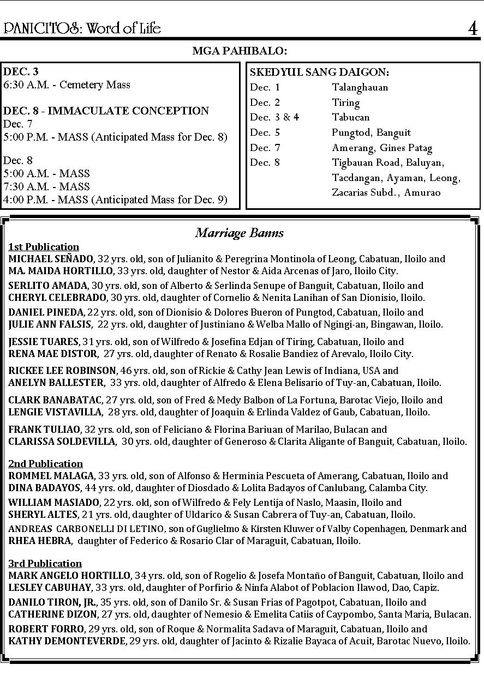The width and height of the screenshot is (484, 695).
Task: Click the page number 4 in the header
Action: tap(473, 28)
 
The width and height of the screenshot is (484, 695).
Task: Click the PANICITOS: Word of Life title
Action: tap(82, 28)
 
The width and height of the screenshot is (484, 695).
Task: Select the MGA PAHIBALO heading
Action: tap(240, 51)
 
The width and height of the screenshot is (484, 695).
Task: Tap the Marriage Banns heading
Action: tap(240, 233)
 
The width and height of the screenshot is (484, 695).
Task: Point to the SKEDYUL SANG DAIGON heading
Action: tap(319, 72)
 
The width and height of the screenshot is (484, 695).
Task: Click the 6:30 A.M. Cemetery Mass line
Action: tap(67, 85)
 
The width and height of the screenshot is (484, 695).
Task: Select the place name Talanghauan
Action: tap(360, 88)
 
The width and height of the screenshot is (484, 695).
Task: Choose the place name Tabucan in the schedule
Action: tap(350, 118)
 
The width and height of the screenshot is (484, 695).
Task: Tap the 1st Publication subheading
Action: tap(44, 247)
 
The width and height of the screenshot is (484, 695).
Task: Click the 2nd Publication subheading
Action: tap(45, 464)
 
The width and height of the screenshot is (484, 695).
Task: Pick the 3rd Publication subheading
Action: tap(45, 564)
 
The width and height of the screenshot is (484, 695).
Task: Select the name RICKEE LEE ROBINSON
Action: tap(62, 371)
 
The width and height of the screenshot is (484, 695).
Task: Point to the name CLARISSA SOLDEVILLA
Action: tap(62, 442)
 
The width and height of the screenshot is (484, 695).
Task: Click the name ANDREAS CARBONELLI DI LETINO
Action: tap(86, 529)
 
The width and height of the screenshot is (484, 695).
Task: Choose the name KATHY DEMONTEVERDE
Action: tap(67, 641)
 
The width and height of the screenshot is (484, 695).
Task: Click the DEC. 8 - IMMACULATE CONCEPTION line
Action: tap(106, 111)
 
